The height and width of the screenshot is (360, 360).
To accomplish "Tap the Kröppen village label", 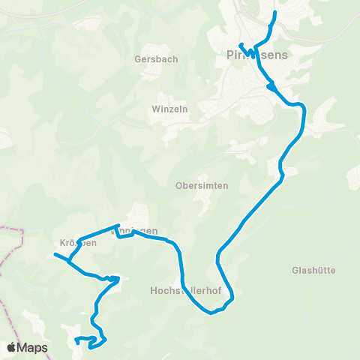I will point(77,243).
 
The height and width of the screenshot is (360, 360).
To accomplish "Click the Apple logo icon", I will point(12,347).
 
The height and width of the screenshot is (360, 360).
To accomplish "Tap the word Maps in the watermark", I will point(33,347).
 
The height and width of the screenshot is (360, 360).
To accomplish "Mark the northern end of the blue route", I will point(275,13).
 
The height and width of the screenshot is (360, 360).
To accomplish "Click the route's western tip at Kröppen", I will point(55,255).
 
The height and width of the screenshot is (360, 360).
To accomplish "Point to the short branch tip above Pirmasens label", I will point(240,43).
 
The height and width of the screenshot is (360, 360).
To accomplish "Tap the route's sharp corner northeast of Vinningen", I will point(118,225).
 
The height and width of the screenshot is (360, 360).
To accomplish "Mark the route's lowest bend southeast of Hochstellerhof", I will point(211,312).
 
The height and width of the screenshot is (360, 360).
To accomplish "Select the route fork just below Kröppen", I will point(69,262).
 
